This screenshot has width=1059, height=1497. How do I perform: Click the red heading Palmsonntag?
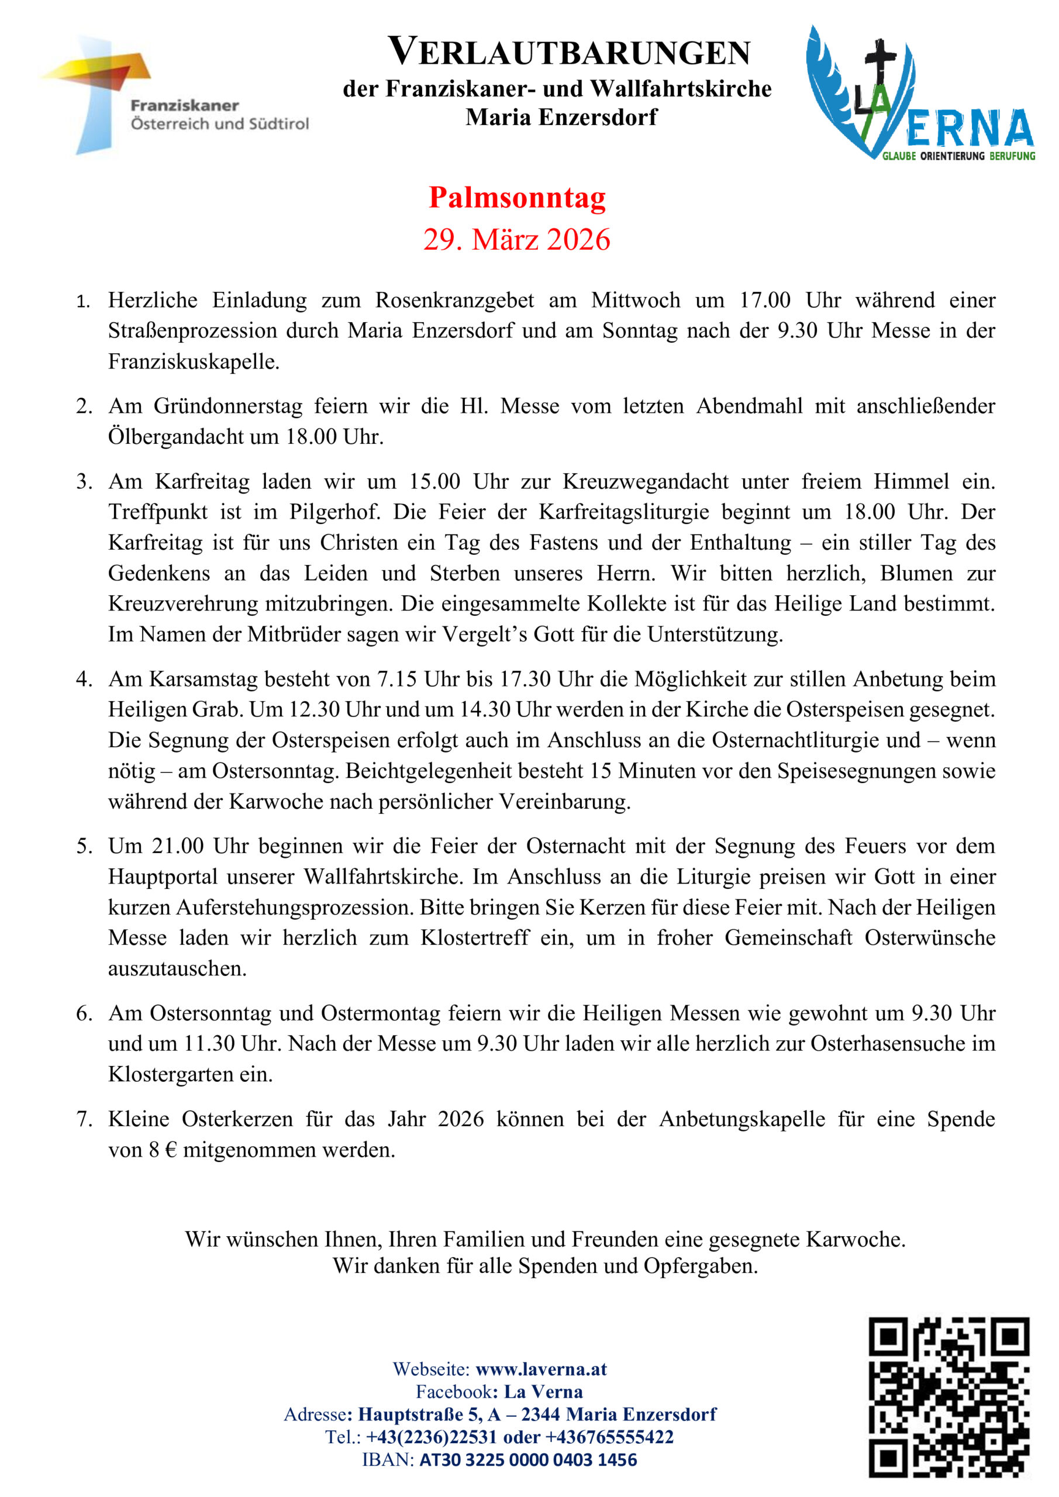tap(517, 198)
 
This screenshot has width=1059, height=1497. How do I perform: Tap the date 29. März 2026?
tap(516, 239)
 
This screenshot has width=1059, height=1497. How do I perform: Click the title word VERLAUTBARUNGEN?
tap(570, 53)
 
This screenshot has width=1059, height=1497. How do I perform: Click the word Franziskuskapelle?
tap(193, 361)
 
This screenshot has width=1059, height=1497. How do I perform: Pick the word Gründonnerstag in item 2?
tap(228, 406)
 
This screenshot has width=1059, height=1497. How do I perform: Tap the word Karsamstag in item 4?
tap(204, 679)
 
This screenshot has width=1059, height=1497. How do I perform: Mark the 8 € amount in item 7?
tap(163, 1150)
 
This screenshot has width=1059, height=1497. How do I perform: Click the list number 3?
tap(84, 481)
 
